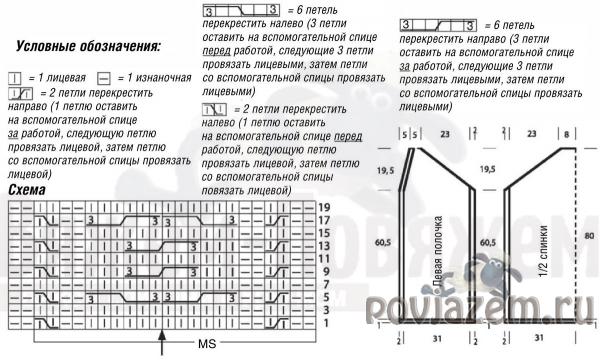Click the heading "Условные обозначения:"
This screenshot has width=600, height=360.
point(87,46)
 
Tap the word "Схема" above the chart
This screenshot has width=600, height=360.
point(27,190)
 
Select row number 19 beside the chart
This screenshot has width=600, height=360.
point(324,207)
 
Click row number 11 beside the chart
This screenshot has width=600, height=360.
point(324,258)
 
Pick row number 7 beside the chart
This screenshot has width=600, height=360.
point(324,284)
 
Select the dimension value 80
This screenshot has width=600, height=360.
point(588,235)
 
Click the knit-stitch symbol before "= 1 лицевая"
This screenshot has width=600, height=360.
point(14,77)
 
